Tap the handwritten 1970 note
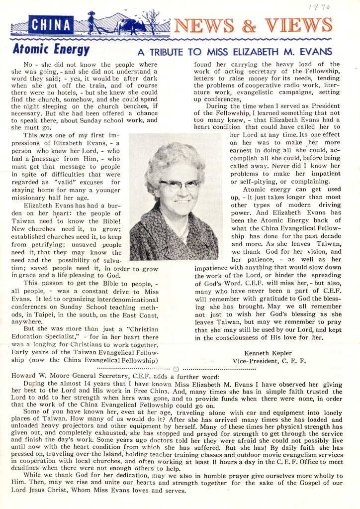(x=321, y=6)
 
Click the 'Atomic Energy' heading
(x=51, y=50)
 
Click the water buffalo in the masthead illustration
(x=126, y=25)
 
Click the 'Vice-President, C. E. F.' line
(x=269, y=361)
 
